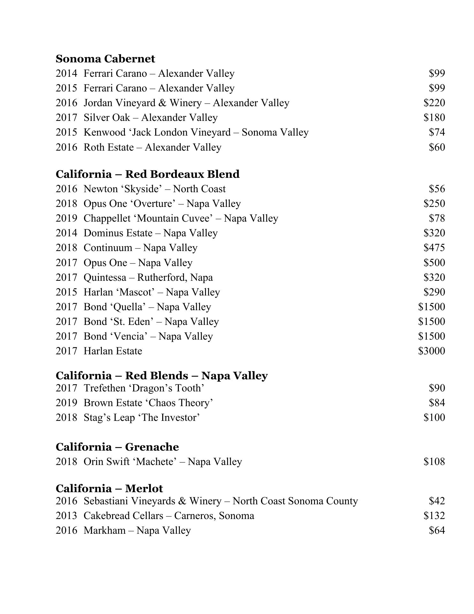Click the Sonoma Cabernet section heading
[x=105, y=59]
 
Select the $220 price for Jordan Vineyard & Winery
[x=434, y=103]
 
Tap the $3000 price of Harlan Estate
[x=431, y=351]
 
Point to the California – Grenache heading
[x=117, y=447]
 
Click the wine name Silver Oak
[x=107, y=118]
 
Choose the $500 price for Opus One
[x=434, y=263]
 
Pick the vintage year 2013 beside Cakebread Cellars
[x=66, y=516]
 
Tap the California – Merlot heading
[x=109, y=488]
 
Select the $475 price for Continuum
[x=434, y=248]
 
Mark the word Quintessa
[x=105, y=278]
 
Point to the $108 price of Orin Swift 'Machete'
[x=434, y=462]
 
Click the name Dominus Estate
[x=118, y=233]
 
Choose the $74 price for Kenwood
[x=437, y=132]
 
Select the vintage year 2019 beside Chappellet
[x=66, y=218]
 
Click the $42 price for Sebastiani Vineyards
[x=437, y=501]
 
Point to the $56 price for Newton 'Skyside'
[x=437, y=189]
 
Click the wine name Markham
[x=104, y=531]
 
